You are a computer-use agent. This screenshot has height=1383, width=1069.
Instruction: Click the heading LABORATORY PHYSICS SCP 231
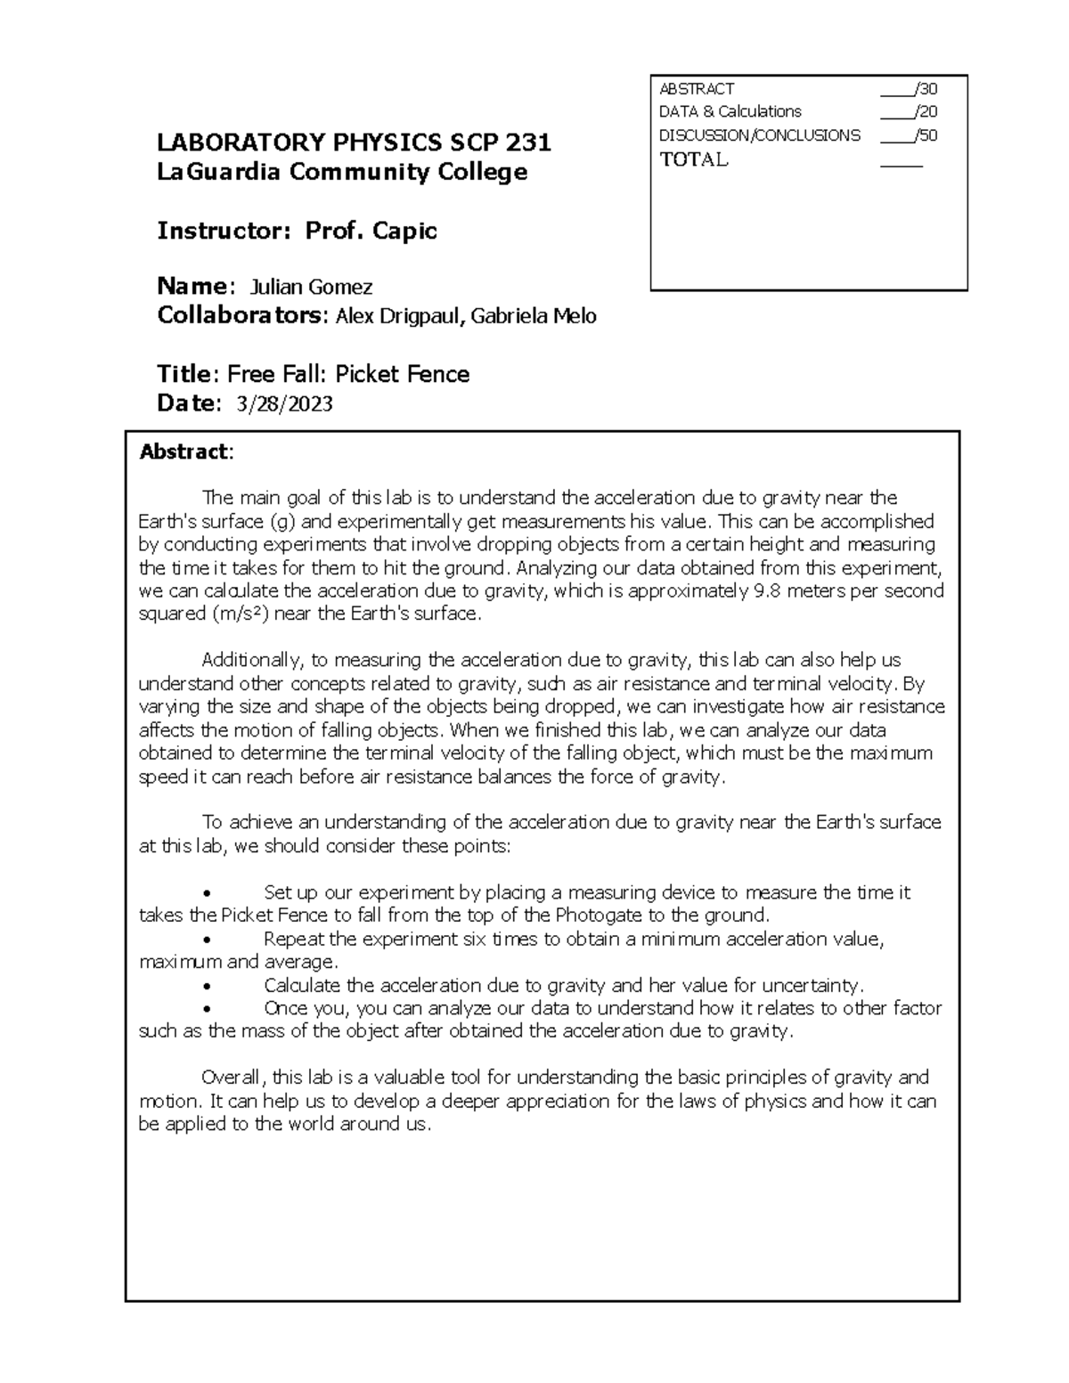pyautogui.click(x=354, y=142)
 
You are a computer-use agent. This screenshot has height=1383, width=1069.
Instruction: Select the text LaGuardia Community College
pyautogui.click(x=342, y=172)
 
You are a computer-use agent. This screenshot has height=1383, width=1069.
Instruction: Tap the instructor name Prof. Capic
pyautogui.click(x=371, y=232)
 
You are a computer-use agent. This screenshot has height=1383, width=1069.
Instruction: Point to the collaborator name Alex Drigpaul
pyautogui.click(x=398, y=316)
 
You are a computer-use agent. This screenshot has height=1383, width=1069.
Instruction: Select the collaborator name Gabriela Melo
pyautogui.click(x=533, y=316)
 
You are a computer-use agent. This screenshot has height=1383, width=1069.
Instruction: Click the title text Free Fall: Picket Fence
pyautogui.click(x=348, y=374)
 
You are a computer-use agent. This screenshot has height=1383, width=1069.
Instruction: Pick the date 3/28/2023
pyautogui.click(x=284, y=404)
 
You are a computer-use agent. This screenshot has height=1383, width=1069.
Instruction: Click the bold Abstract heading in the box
pyautogui.click(x=184, y=452)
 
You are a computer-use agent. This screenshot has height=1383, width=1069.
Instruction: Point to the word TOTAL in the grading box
pyautogui.click(x=693, y=160)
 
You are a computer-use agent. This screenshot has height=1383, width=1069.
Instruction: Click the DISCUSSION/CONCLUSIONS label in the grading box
pyautogui.click(x=759, y=135)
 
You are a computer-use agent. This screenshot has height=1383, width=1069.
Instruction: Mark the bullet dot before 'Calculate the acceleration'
pyautogui.click(x=207, y=987)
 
